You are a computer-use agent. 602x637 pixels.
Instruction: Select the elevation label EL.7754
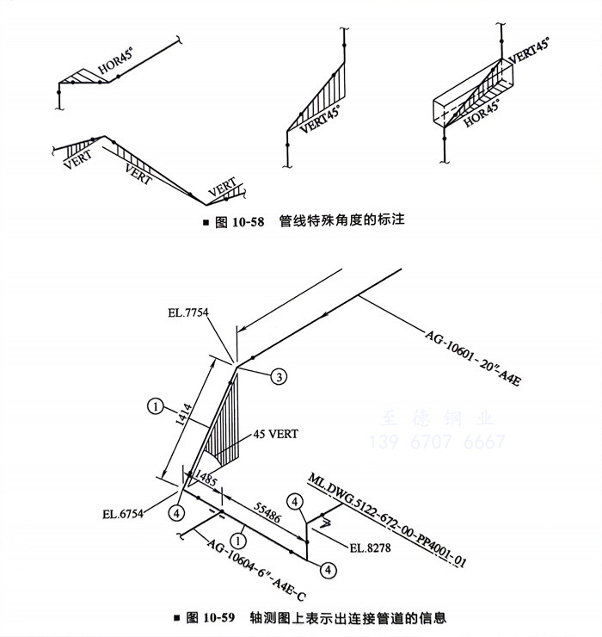[188, 312]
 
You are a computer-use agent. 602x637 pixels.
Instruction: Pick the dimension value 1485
[206, 476]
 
